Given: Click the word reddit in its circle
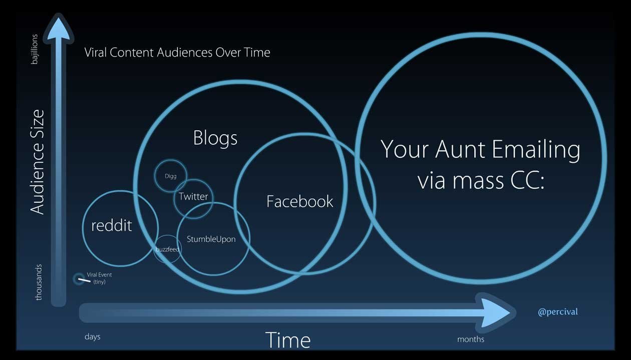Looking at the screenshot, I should pos(111,226).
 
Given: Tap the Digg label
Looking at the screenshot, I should pos(170,176).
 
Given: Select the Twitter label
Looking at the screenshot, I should pos(193,197).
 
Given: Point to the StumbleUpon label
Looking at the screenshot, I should pos(211,239).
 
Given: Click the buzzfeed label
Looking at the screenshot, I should pos(167,249).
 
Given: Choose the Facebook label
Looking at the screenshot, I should pos(299,202).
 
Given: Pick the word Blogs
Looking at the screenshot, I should pos(215,138).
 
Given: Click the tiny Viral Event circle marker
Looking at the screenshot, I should pos(79,279).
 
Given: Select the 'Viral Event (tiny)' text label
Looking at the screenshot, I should pos(99,278).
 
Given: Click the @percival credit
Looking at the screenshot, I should pos(557,312).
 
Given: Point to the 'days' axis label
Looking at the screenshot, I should pos(93,336).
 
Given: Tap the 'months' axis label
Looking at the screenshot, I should pos(470,339).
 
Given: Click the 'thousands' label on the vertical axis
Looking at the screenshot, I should pos(39,282).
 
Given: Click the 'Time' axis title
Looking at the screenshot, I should pos(287,340).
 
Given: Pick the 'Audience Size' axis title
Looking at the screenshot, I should pos(38,162).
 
